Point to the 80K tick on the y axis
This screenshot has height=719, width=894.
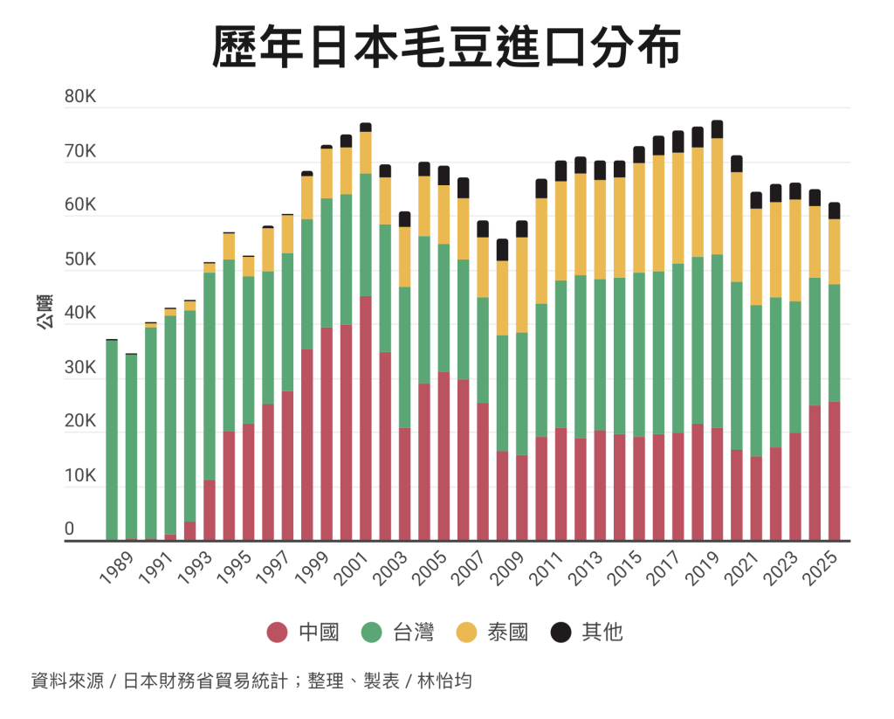pyautogui.click(x=80, y=96)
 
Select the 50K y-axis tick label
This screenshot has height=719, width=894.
pyautogui.click(x=80, y=259)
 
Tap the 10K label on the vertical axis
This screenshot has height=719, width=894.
pyautogui.click(x=80, y=476)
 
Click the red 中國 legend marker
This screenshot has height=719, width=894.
pyautogui.click(x=278, y=632)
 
